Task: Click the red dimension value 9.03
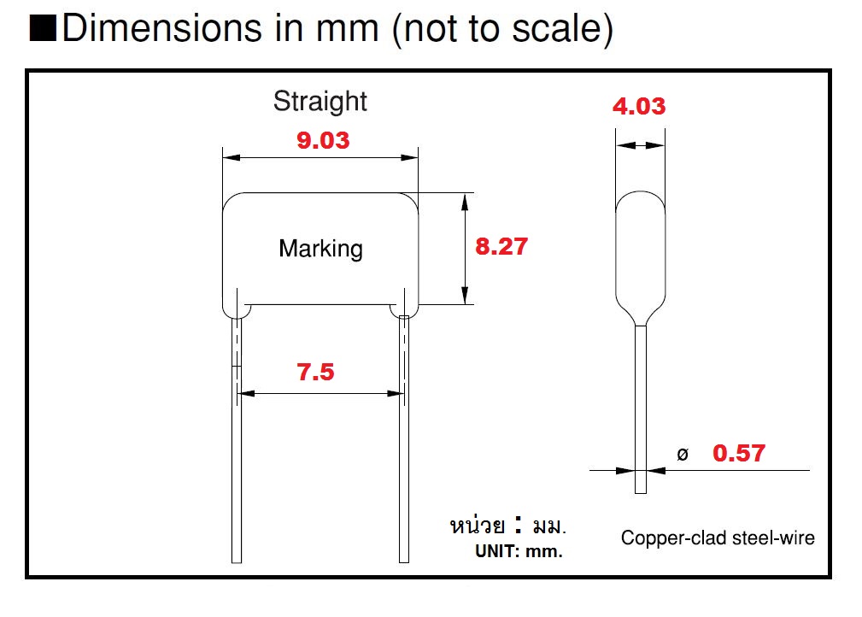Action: (323, 140)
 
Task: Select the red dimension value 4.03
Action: (639, 107)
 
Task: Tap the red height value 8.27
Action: (501, 247)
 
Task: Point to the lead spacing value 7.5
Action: (315, 373)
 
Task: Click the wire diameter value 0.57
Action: (739, 453)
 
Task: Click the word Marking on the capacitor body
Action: (320, 249)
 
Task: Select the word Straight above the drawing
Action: (320, 101)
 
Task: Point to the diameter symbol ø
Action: (682, 455)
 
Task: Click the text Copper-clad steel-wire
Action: (718, 538)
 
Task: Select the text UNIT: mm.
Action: (519, 552)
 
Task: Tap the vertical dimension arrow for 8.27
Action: (465, 248)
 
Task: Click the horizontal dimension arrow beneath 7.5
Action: (320, 394)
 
